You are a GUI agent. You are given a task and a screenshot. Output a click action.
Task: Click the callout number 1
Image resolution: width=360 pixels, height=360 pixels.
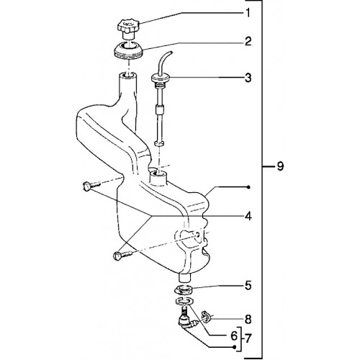pos(248,13)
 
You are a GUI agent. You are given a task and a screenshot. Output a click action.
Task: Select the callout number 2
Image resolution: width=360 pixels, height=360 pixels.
pos(248,41)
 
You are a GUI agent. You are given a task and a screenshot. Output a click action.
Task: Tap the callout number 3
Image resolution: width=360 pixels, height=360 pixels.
pos(248,78)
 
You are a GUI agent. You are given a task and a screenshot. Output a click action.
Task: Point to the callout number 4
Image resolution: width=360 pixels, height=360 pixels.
pos(248,216)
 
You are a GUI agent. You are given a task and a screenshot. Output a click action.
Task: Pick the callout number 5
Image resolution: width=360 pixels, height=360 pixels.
pos(248,286)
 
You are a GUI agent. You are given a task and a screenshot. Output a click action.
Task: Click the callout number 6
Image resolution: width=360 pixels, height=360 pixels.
pos(234,336)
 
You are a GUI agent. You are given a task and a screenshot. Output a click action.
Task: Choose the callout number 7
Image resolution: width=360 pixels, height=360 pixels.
pos(248,338)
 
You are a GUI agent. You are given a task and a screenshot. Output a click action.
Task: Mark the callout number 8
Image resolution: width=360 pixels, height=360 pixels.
pos(248,320)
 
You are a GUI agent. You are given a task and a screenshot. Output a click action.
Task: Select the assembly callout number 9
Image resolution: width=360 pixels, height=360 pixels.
pos(280,166)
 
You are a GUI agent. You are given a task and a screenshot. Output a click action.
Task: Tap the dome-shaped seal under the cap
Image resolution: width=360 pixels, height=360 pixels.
pos(128,50)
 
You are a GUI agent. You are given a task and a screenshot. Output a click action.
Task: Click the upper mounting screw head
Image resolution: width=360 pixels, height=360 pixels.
pos(86,186)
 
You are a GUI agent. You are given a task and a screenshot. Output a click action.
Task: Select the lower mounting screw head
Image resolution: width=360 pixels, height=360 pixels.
pos(117,256)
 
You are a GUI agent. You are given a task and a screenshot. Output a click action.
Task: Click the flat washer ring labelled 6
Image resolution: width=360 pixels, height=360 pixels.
pos(184,300)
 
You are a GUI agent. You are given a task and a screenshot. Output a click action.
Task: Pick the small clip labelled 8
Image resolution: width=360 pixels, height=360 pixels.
pos(206,316)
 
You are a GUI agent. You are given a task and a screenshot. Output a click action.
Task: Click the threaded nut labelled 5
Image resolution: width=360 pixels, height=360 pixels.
pos(184,289)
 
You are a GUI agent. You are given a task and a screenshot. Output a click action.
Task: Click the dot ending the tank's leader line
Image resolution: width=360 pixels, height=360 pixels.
pos(248,187)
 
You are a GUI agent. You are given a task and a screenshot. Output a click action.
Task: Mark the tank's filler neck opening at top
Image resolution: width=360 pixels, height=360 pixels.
pos(128,76)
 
